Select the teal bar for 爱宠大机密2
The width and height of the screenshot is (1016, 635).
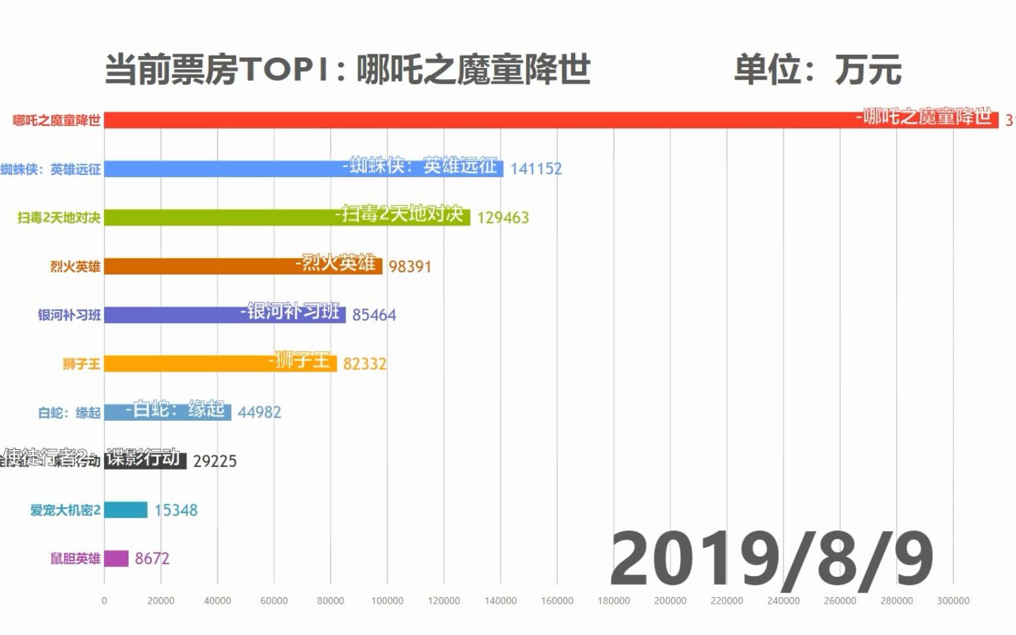[x=125, y=510]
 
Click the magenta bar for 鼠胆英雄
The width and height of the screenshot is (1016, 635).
[x=116, y=559]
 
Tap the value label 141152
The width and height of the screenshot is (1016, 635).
[x=536, y=169]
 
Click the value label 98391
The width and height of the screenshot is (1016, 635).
[x=410, y=267]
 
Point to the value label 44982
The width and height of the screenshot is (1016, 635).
[x=259, y=412]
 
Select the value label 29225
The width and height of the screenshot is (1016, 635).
[x=215, y=461]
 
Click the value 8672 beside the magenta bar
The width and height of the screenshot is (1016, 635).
[x=152, y=559]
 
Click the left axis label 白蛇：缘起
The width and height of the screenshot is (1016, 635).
[x=69, y=413]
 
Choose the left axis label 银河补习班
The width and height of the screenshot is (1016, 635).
[x=69, y=315]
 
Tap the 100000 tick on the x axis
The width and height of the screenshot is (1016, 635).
[x=387, y=601]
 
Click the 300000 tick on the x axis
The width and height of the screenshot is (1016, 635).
[x=953, y=601]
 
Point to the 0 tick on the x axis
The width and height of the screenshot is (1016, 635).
[x=104, y=601]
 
